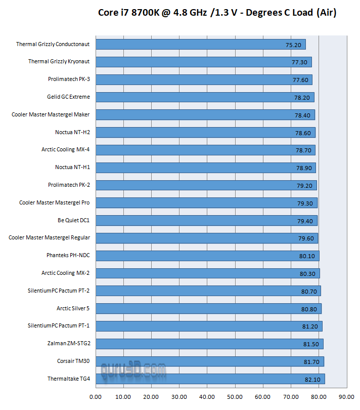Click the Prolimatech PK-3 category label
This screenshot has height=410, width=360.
pos(69,79)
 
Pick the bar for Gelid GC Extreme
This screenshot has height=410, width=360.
pos(202,97)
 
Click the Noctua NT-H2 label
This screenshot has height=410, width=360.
pos(72,132)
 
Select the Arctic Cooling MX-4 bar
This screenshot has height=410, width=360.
pos(202,150)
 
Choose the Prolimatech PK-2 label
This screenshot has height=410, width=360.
pos(69,185)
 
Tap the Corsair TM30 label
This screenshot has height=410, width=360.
pos(73,361)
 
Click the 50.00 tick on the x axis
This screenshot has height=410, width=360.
pos(235,397)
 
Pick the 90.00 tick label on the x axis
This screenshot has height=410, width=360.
pos(346,397)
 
